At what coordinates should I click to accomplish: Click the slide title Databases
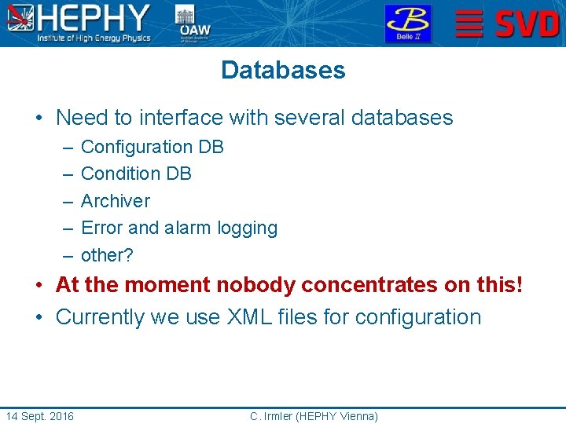point(283,70)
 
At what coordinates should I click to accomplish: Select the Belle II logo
point(407,24)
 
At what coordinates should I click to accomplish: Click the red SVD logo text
point(527,24)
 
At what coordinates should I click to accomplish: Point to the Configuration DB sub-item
point(153,147)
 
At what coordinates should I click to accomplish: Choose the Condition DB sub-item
point(136,174)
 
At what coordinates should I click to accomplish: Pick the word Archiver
point(116,201)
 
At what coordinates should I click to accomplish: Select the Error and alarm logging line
point(179,228)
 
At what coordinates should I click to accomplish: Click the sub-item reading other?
point(107,255)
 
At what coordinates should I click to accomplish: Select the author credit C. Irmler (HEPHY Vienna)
point(314,415)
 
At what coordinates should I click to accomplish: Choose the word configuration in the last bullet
point(417,317)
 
